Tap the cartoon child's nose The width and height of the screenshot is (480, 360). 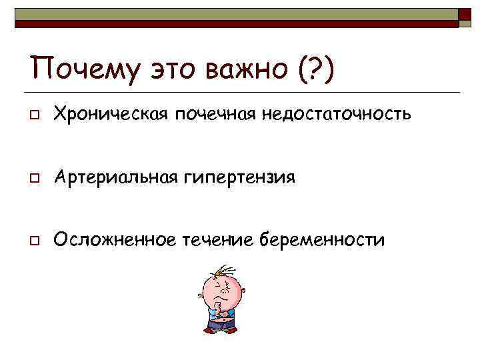[224, 291]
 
